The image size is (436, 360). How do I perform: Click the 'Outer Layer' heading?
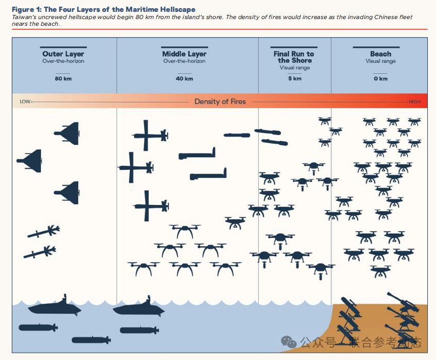pos(63,54)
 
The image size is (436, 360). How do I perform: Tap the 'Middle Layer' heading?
pos(185,54)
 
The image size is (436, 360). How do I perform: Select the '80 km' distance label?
pos(63,79)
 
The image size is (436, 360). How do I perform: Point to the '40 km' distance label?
pos(185,79)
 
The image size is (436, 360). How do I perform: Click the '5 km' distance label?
pos(295,79)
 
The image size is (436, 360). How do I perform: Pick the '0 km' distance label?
pos(381,79)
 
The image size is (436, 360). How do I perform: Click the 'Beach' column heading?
pos(381,54)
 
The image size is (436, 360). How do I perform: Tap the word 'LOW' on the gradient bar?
pos(25,101)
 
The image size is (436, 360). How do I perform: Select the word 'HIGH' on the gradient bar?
pos(414,101)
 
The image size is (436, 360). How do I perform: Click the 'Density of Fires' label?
pos(220,101)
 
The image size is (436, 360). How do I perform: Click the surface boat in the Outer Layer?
pos(55,307)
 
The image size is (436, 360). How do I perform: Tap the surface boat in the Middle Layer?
pos(139,308)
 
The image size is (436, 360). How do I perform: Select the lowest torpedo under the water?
pos(91,340)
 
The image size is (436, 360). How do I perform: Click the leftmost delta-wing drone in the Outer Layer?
pos(30,161)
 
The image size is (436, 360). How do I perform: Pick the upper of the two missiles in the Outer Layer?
pos(44,232)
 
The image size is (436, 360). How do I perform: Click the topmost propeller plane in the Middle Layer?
pos(150,135)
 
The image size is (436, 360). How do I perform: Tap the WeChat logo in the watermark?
pos(289,342)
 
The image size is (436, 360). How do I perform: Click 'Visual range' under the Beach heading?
pos(381,61)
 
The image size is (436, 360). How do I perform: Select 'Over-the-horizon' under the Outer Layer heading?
pos(63,61)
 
